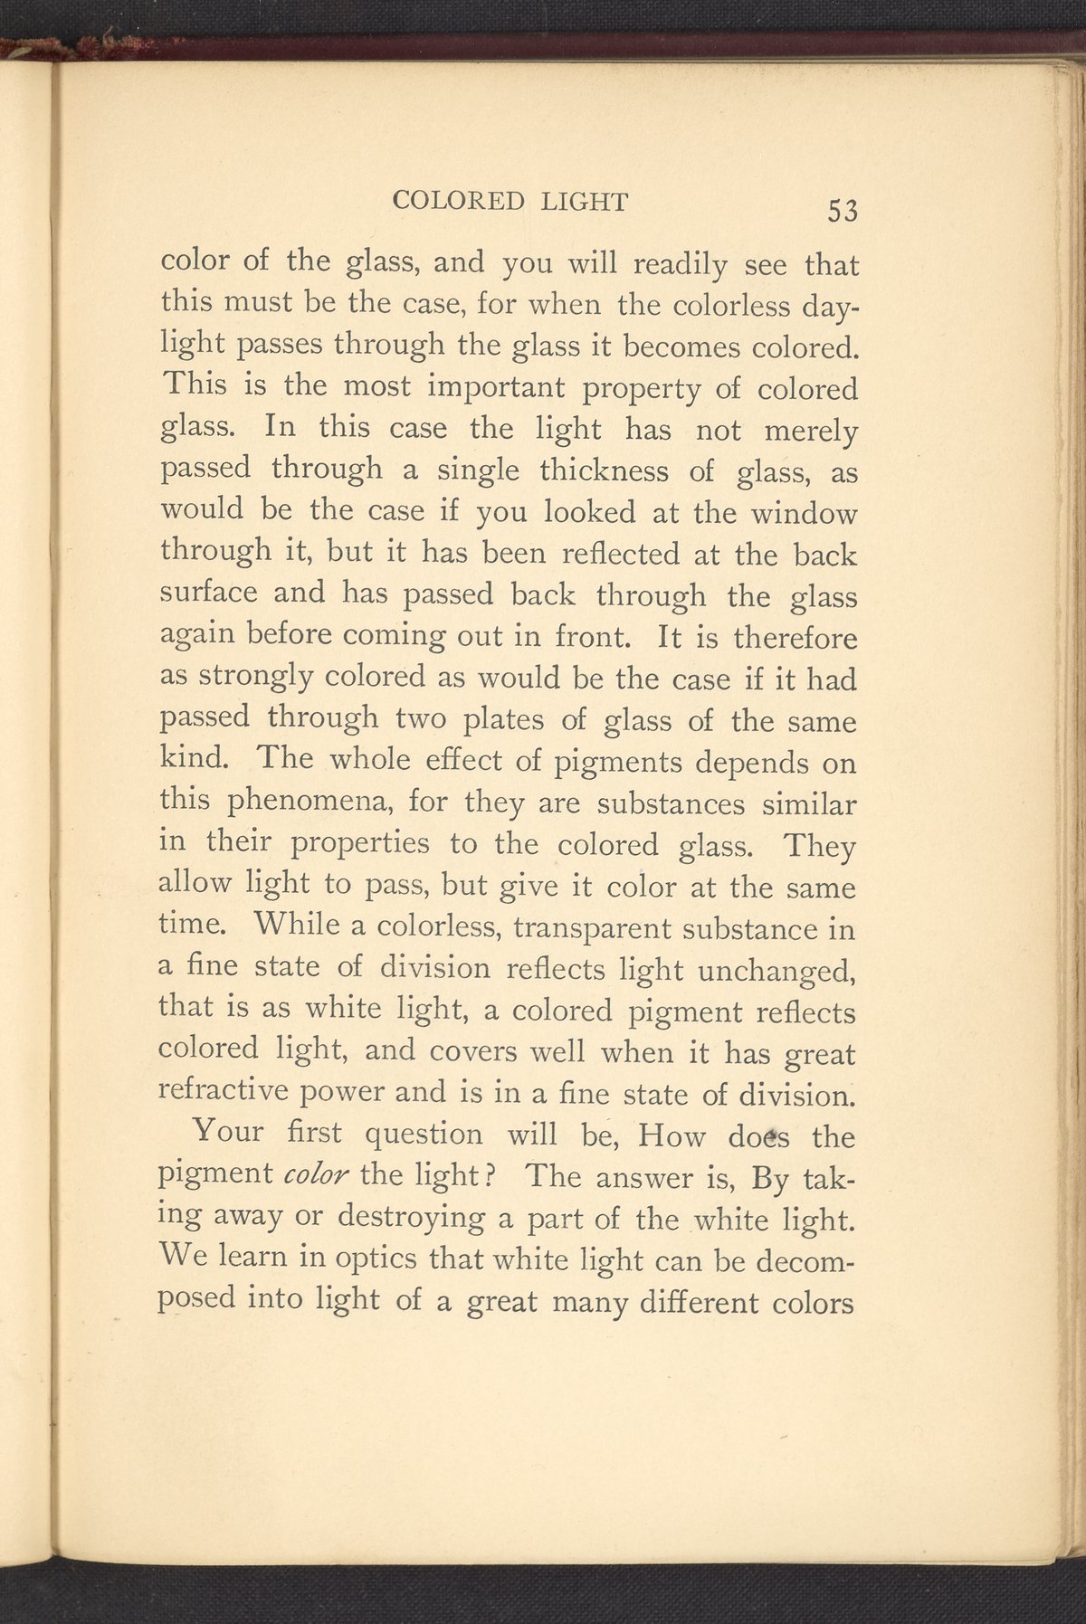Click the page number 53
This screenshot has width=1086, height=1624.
tap(842, 210)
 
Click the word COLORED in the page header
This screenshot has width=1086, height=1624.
tap(459, 202)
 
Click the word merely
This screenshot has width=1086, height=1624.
tap(811, 432)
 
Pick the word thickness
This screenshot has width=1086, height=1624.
tap(618, 471)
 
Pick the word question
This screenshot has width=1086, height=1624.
tap(424, 1135)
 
